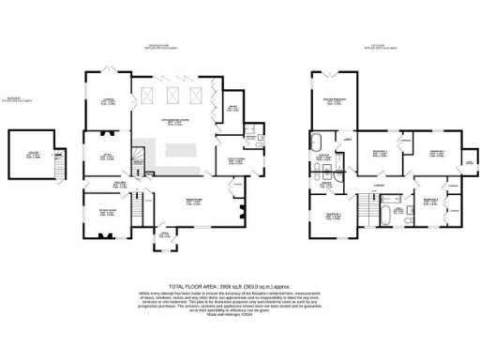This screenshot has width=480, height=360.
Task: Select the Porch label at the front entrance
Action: pos(165,236)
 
